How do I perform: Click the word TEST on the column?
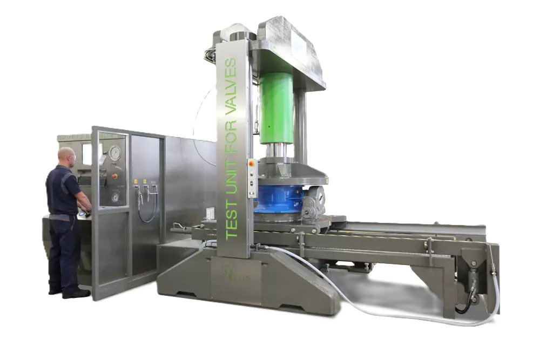pos(232,220)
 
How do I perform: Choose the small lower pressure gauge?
pos(115,197)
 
